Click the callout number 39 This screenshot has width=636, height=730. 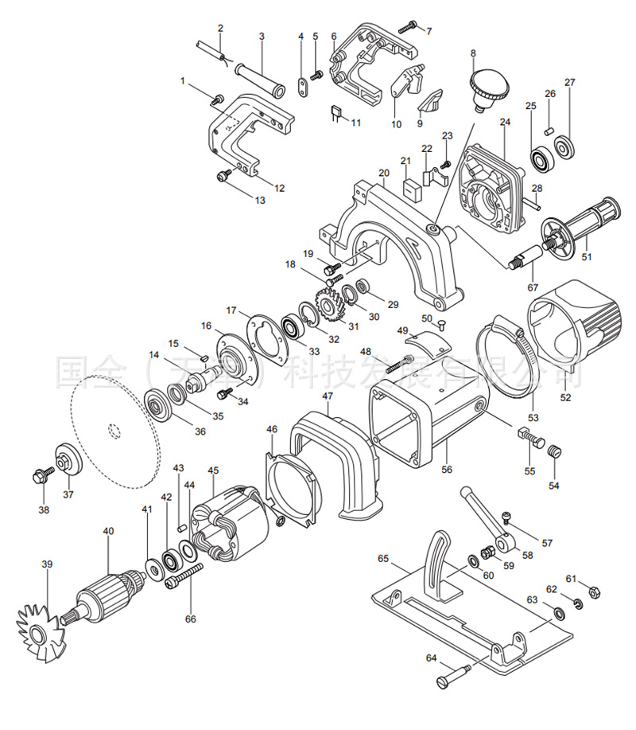pos(47,564)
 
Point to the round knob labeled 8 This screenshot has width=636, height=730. pos(483,85)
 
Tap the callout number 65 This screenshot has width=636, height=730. pos(383,560)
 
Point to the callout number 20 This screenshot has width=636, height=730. pos(383,173)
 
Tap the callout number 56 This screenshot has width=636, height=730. pos(447,470)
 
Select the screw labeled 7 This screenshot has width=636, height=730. pos(409,26)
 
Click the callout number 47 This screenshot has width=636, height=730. pos(328,396)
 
